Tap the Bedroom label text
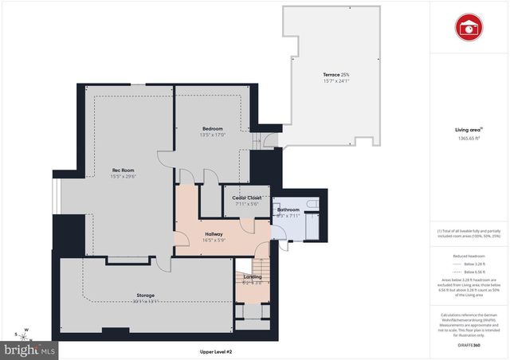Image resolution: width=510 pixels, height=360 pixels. point(212,128)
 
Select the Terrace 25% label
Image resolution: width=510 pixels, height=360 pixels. point(336,74)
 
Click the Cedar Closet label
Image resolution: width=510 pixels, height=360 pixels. point(247,198)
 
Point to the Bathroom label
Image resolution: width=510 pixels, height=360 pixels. point(288,209)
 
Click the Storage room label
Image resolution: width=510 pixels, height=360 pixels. point(144,295)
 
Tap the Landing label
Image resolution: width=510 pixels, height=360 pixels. point(253,277)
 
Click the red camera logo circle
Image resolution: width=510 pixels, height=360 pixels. point(469,26)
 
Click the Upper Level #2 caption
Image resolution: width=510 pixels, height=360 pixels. point(217,350)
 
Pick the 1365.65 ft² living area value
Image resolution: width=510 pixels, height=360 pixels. point(468,138)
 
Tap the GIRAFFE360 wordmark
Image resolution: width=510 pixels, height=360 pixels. point(468,346)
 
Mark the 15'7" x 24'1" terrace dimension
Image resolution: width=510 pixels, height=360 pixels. point(336,81)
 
